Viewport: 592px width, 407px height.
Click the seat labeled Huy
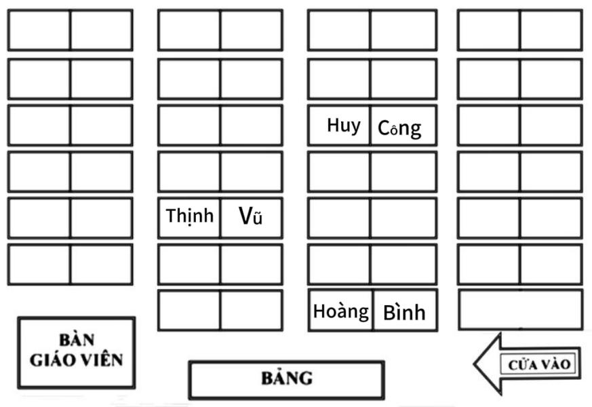pos(339,125)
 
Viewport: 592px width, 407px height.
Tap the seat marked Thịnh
pos(189,218)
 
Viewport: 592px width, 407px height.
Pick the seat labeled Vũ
pos(252,218)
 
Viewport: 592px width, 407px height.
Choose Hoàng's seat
pos(340,311)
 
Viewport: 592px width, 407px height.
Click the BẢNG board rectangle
pos(286,379)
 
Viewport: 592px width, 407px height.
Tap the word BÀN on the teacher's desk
pos(76,340)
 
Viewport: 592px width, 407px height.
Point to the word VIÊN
pos(100,360)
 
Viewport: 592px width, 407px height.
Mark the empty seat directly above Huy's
pos(339,79)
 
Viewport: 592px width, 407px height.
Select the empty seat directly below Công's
pos(403,172)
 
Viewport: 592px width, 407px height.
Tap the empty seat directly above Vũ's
pos(252,172)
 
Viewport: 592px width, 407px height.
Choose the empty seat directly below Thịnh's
pos(189,264)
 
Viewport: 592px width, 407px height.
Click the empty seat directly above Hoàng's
pos(339,264)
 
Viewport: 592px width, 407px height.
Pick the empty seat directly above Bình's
pos(403,264)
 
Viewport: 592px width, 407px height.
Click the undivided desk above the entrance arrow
pos(520,310)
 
